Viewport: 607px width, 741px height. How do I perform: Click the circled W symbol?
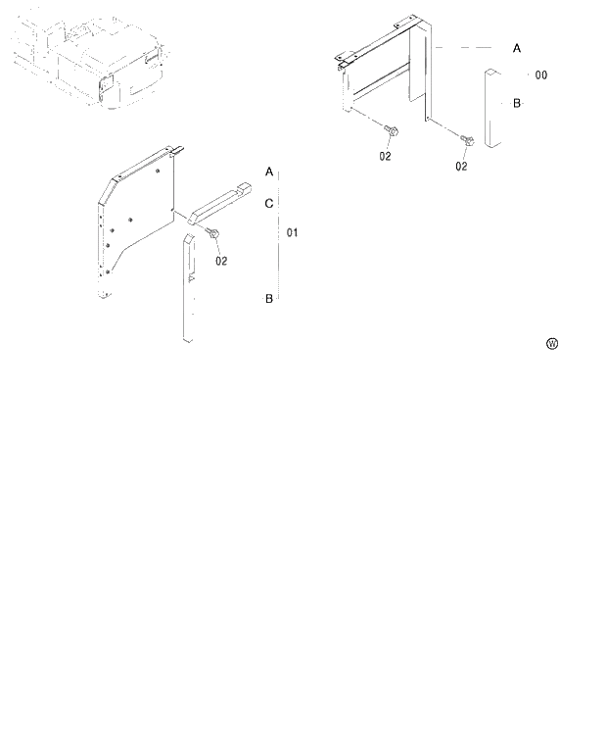pos(552,343)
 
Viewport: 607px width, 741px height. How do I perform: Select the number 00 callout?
pos(541,75)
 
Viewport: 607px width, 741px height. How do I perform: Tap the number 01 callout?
pos(292,233)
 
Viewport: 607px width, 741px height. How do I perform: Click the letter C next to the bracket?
pos(269,203)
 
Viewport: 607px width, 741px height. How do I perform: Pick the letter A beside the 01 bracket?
pos(269,172)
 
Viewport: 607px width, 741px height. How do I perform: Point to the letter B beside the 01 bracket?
pos(269,298)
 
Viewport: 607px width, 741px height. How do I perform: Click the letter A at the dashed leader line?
pos(517,47)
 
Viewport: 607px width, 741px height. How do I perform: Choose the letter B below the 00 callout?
pos(516,102)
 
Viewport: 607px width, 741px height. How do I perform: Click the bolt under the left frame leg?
pos(391,132)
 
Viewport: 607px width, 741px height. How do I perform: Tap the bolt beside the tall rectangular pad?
pos(467,143)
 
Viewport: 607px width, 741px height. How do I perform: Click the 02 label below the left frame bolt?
pos(385,155)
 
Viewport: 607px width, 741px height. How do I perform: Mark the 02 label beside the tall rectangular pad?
pos(461,166)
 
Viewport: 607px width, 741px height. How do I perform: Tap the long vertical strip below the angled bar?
pos(189,289)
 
